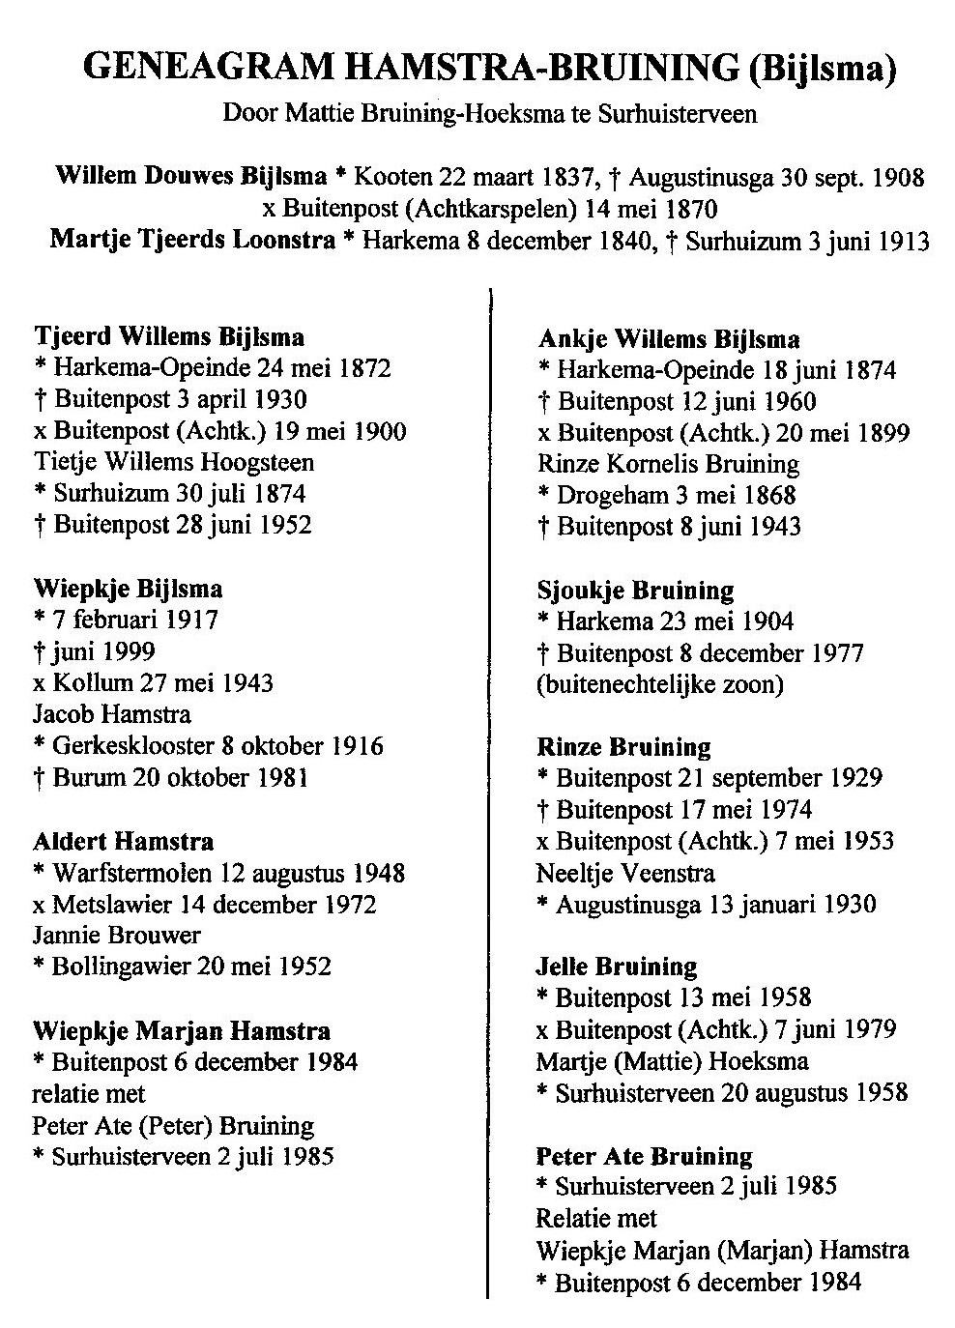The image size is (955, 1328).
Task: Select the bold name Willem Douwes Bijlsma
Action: tap(190, 177)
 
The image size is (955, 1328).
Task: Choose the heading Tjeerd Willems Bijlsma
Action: tap(169, 336)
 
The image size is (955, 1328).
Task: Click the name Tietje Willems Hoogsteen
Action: tap(173, 461)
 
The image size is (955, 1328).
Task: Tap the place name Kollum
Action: tap(94, 682)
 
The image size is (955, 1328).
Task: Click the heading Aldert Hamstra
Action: tap(124, 841)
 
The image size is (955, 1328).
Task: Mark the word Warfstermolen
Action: tap(135, 873)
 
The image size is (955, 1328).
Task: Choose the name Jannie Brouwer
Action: tap(116, 935)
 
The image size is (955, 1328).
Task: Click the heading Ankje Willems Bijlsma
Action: tap(668, 338)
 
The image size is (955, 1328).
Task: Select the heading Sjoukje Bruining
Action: tap(635, 590)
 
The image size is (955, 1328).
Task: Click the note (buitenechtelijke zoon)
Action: tap(659, 683)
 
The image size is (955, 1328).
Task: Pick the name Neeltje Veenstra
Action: tap(625, 873)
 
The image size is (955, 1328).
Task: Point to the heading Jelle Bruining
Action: tap(616, 966)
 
